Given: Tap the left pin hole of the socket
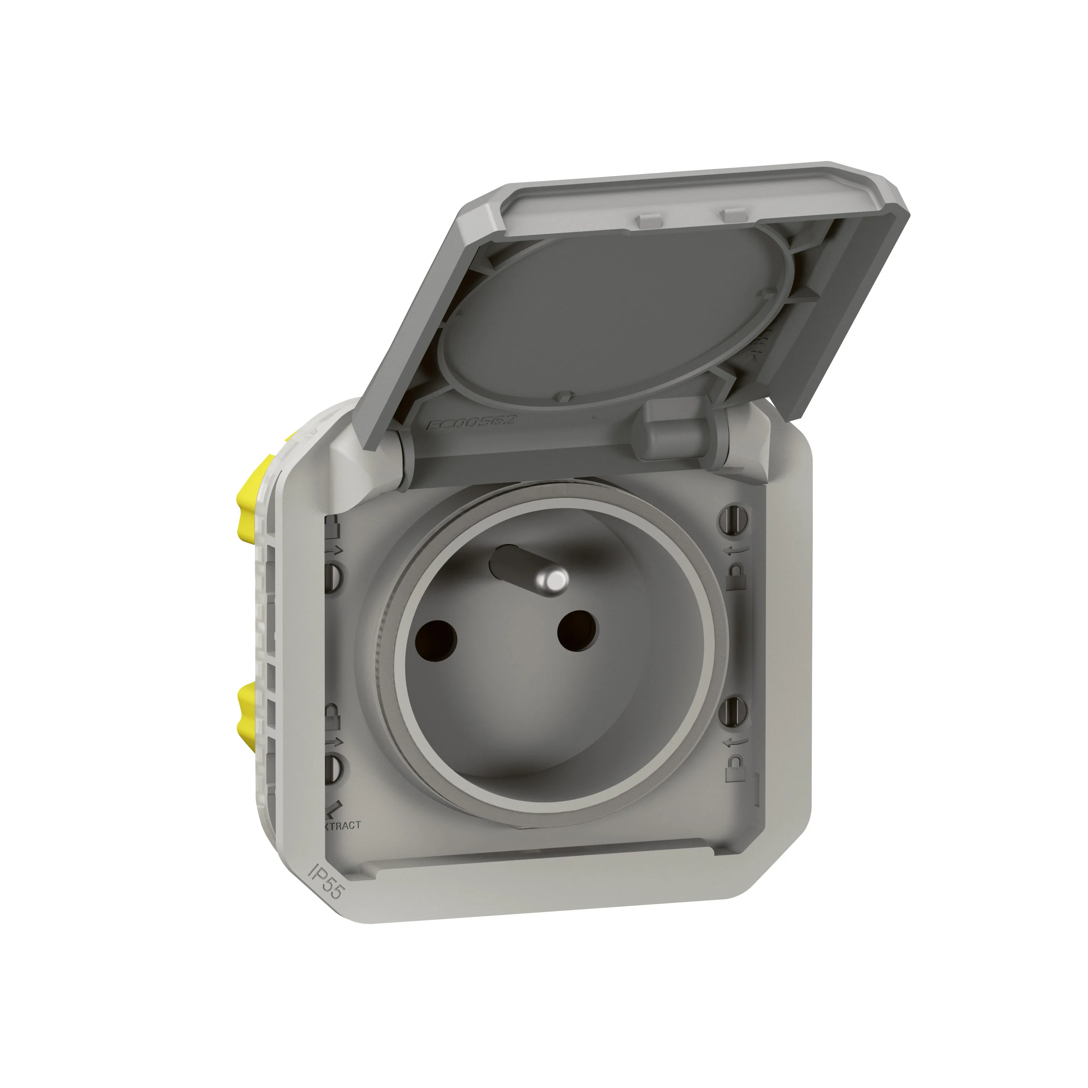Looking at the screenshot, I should coord(435,638).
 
